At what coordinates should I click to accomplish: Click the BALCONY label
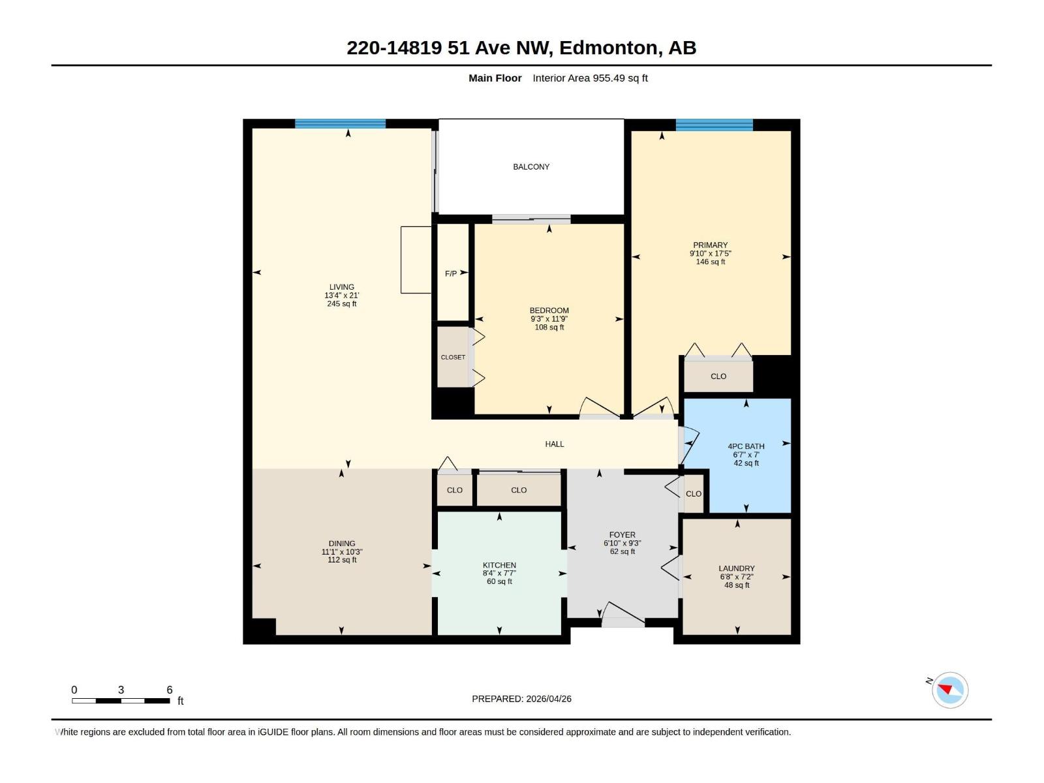[530, 167]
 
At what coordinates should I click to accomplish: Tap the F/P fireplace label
[450, 273]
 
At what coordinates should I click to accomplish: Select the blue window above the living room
[340, 124]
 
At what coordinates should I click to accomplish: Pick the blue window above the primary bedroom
[714, 125]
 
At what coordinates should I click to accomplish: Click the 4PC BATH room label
[746, 446]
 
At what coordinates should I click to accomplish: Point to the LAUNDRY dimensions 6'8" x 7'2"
[737, 577]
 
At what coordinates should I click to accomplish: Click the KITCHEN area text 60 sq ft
[499, 581]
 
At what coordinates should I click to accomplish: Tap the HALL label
[554, 444]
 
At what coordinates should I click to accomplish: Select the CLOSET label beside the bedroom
[453, 357]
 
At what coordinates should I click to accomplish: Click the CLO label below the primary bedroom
[718, 376]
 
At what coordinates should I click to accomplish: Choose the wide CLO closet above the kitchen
[519, 490]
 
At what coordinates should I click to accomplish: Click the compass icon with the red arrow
[949, 690]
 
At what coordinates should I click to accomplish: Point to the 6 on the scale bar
[170, 690]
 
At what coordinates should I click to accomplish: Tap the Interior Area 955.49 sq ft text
[590, 78]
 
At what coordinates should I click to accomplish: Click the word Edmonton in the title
[608, 48]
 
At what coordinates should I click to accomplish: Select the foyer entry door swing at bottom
[622, 614]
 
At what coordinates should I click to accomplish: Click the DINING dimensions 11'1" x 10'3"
[342, 552]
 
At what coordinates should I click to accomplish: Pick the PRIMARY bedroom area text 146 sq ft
[710, 262]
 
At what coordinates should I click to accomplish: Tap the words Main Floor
[495, 78]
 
